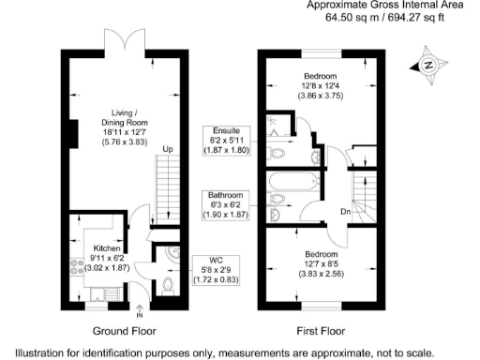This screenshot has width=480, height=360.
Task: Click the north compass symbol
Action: [427, 66]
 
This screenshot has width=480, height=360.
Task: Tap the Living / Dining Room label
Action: [125, 120]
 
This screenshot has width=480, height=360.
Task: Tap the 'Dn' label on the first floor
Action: [345, 211]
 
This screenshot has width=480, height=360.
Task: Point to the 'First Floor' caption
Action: [320, 331]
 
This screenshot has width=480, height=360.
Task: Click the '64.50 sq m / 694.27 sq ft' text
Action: [391, 17]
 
